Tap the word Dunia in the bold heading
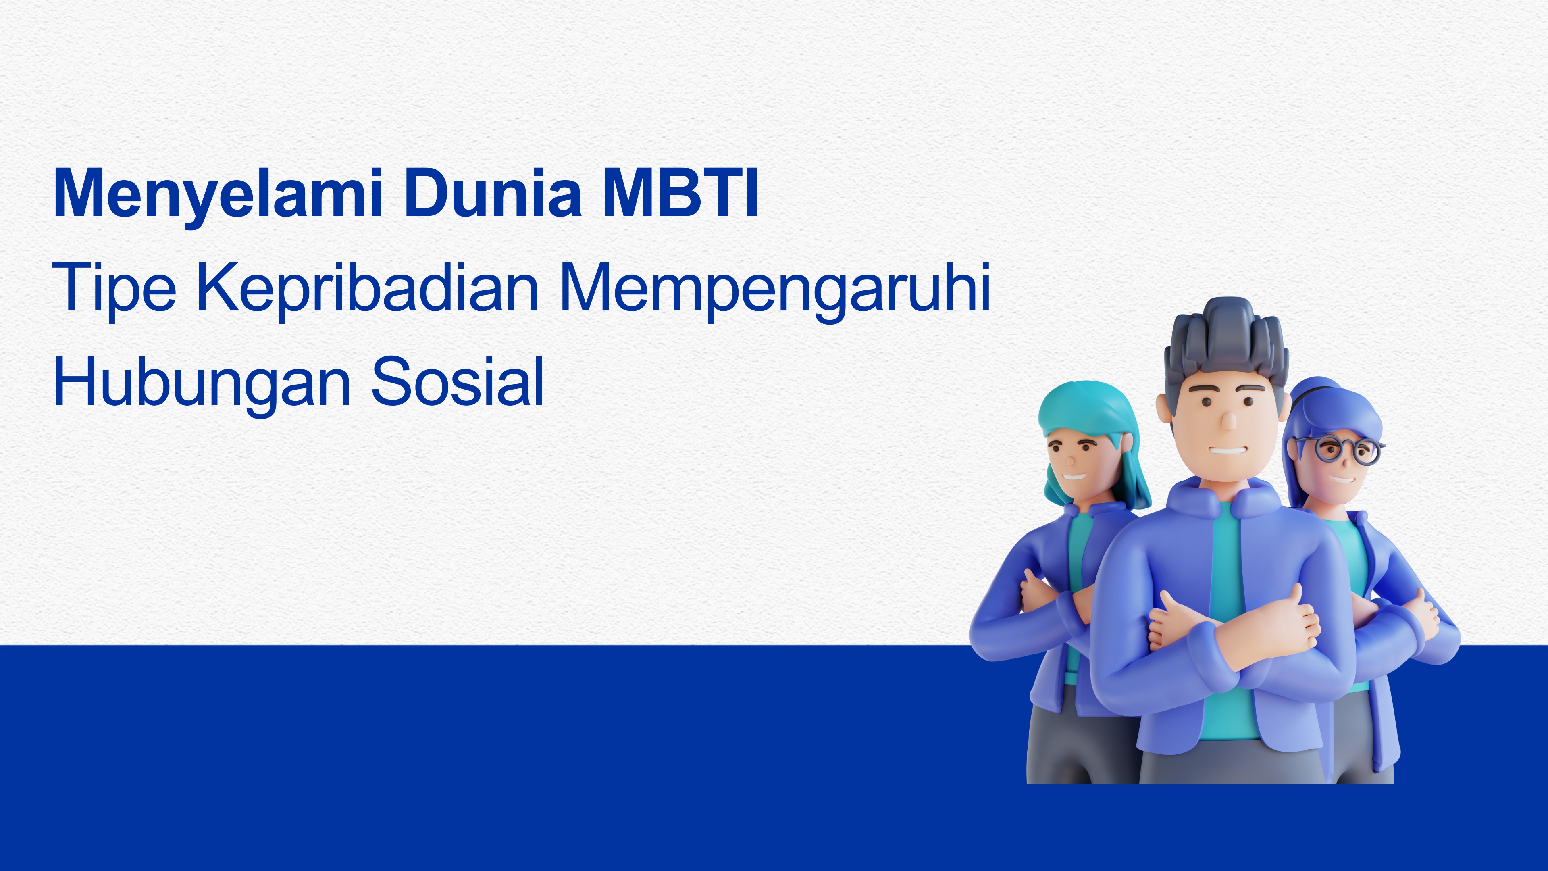(493, 193)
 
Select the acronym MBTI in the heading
(680, 193)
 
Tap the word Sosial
(458, 382)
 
